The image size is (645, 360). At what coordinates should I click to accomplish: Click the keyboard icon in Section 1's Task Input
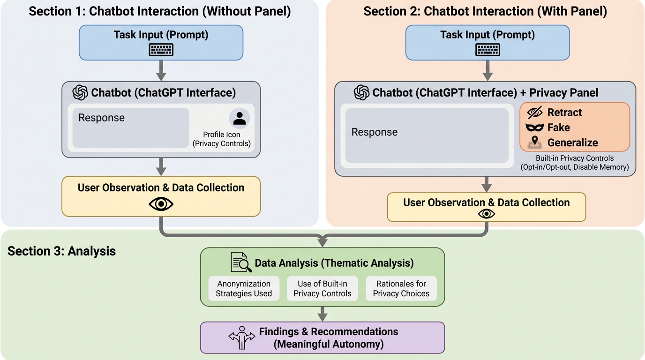(x=161, y=50)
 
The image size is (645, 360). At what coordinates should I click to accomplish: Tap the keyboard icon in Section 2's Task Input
(x=487, y=50)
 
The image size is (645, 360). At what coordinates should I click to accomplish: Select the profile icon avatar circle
(x=240, y=119)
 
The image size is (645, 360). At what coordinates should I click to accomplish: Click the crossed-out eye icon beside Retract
(x=535, y=112)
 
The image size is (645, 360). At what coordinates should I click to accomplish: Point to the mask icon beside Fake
(x=535, y=127)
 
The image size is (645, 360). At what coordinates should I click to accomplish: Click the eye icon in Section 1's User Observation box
(x=161, y=204)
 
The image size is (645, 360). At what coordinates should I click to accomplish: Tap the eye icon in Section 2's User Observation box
(x=487, y=214)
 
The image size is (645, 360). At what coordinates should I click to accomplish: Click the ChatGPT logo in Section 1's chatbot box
(x=81, y=92)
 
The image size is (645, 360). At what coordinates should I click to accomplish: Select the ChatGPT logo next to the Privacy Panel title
(x=361, y=92)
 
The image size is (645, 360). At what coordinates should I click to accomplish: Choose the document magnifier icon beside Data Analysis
(x=241, y=262)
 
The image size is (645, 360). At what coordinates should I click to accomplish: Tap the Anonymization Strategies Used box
(x=244, y=289)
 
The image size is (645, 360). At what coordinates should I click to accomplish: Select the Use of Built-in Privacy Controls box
(x=322, y=289)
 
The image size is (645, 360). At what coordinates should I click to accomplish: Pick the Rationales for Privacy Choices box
(x=401, y=289)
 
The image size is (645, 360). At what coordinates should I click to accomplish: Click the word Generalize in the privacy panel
(x=572, y=142)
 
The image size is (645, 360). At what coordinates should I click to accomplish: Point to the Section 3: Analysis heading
(x=61, y=251)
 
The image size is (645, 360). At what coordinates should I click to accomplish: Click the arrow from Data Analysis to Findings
(x=322, y=314)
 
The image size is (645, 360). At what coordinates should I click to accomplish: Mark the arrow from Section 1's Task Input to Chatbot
(x=161, y=70)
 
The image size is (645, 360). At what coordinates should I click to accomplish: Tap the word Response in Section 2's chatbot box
(x=375, y=132)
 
